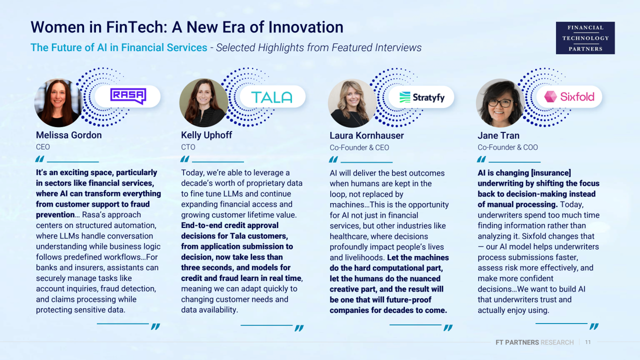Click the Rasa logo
click(x=128, y=96)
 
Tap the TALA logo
click(x=271, y=97)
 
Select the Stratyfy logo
click(x=421, y=97)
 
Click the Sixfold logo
click(x=569, y=97)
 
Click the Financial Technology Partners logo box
click(x=585, y=38)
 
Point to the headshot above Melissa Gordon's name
click(x=58, y=103)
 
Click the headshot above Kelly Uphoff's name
click(x=203, y=103)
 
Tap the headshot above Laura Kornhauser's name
click(x=352, y=103)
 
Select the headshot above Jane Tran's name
click(x=500, y=103)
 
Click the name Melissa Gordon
click(x=69, y=135)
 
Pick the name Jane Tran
click(x=498, y=135)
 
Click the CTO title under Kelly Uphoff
click(x=188, y=147)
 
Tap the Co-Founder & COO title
click(x=507, y=147)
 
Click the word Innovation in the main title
click(x=305, y=27)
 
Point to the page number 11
click(x=587, y=342)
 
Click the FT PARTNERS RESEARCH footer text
click(x=534, y=342)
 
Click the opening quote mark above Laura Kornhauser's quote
click(x=333, y=159)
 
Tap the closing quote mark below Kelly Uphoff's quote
click(x=299, y=328)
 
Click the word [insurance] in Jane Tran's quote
click(x=551, y=173)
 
